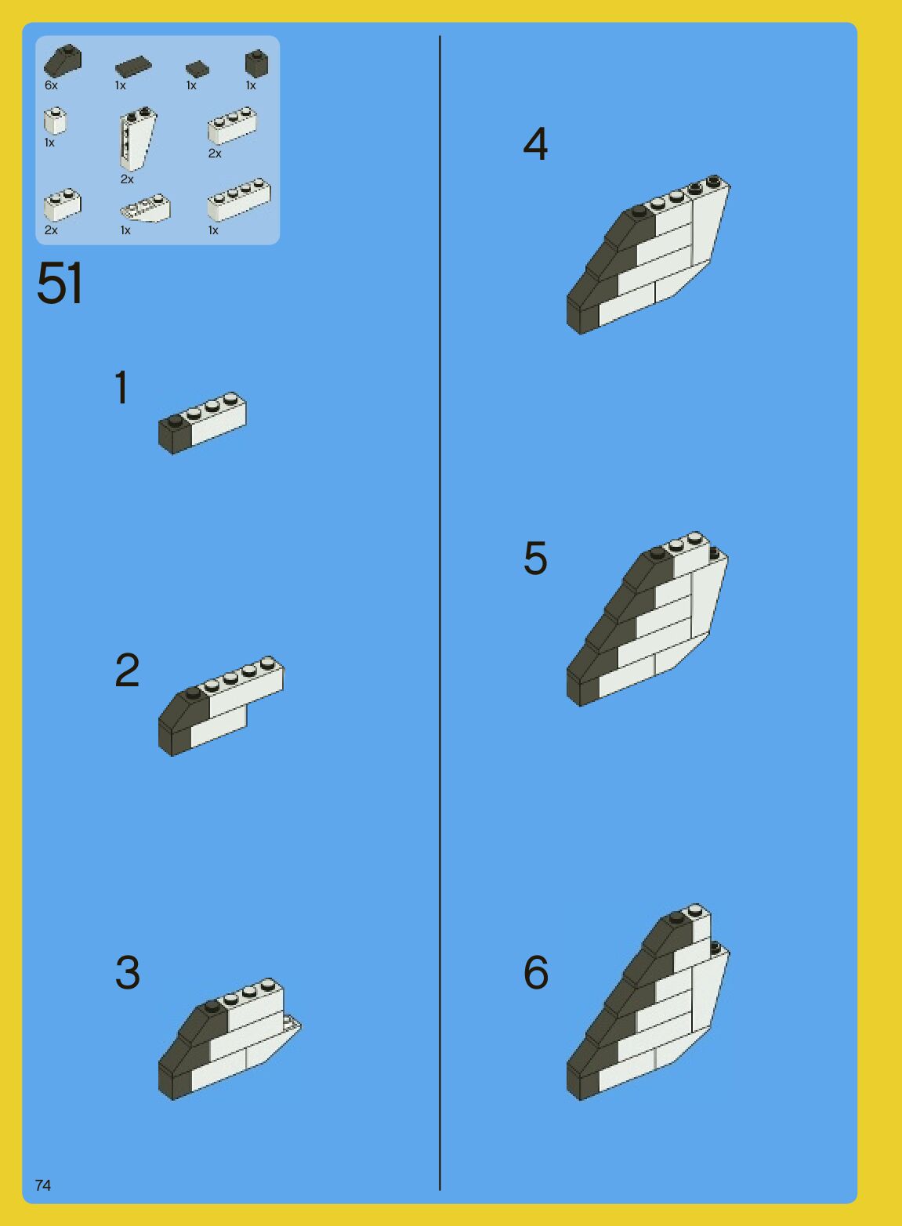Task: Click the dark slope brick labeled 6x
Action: pos(63,60)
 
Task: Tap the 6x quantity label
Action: pos(51,85)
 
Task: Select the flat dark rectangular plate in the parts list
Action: pos(133,67)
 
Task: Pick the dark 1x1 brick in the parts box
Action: pos(256,63)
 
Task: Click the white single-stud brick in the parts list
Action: pos(56,121)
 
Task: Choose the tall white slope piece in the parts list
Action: pos(137,139)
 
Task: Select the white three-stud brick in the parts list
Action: pos(232,126)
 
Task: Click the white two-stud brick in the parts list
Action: pos(63,204)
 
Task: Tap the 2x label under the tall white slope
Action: pos(127,179)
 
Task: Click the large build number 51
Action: pos(60,283)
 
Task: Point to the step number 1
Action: pos(121,387)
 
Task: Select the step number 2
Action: pos(127,670)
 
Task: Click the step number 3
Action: pos(128,972)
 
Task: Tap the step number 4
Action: pos(535,144)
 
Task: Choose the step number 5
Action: pos(535,558)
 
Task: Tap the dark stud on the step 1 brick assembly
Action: pos(175,420)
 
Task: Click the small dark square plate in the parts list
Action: pos(197,69)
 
